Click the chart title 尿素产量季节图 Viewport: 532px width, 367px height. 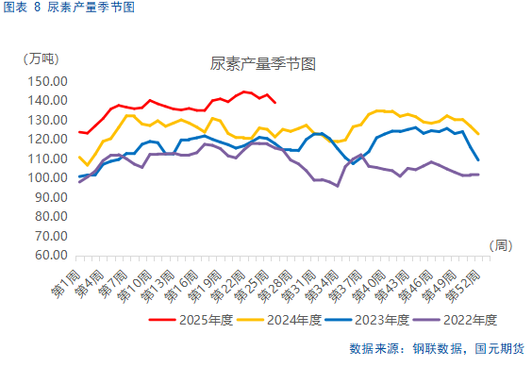coord(261,64)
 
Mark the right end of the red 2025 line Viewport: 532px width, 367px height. coord(274,102)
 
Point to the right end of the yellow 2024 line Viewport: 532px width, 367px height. coord(479,134)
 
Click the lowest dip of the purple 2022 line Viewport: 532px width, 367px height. coord(337,186)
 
